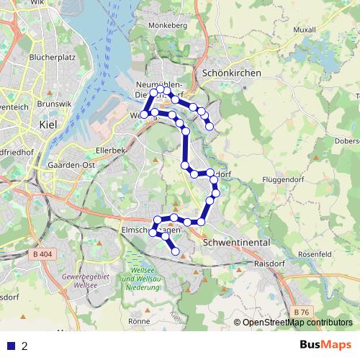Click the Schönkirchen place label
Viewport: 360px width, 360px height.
tap(233, 73)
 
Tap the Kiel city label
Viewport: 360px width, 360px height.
tap(48, 125)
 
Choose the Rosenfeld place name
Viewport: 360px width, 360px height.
tap(314, 254)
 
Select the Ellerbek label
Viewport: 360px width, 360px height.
tap(111, 150)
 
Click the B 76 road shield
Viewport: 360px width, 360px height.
tap(302, 310)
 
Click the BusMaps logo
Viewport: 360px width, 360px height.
tap(325, 345)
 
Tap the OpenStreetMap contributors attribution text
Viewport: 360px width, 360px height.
tap(297, 323)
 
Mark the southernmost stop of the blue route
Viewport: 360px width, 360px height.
tap(176, 251)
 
